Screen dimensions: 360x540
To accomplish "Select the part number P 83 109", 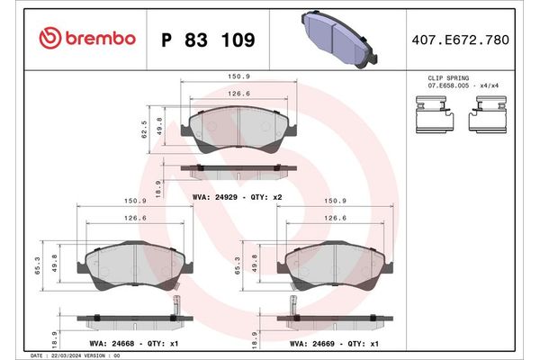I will [207, 40].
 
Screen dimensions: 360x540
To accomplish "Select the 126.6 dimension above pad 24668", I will [134, 218].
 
